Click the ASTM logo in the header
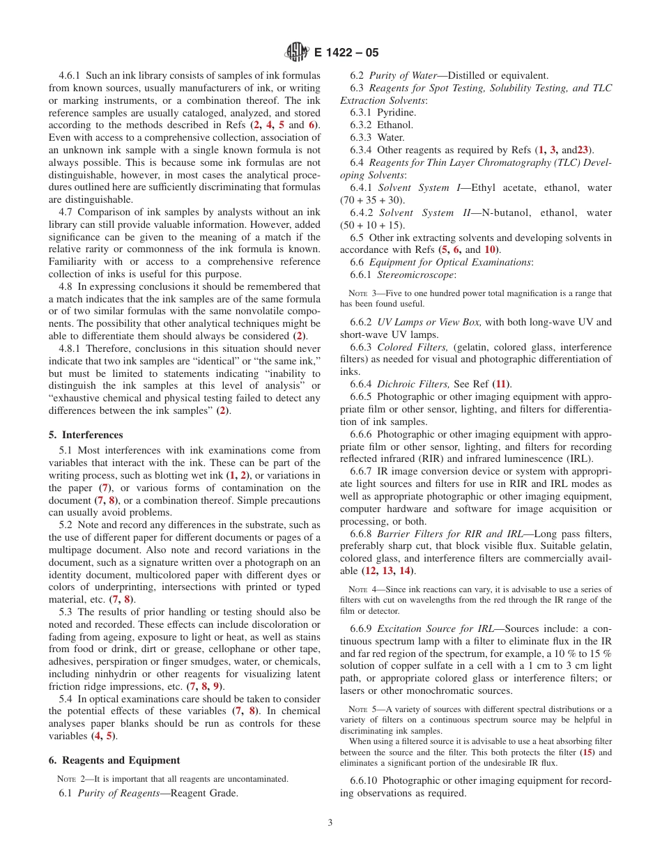point(298,52)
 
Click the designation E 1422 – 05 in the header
point(346,52)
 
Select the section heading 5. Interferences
point(86,435)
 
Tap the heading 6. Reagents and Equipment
point(114,760)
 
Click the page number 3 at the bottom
point(330,822)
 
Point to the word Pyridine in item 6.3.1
point(397,112)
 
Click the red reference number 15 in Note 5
point(587,752)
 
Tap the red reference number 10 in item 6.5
point(490,249)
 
